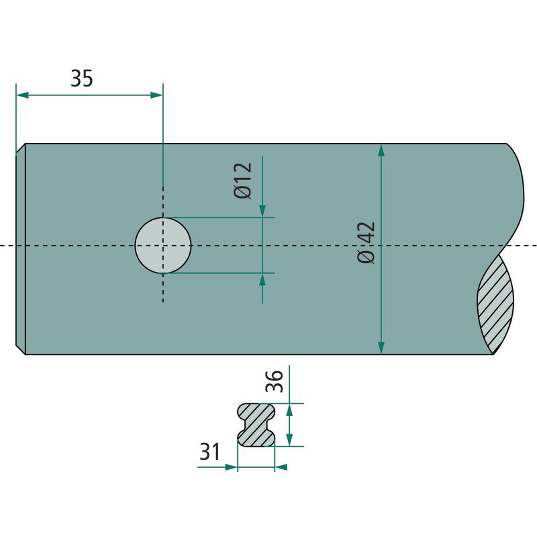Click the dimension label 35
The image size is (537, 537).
[x=81, y=78]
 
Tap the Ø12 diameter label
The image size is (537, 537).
[x=243, y=180]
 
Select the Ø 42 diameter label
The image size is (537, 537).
[x=366, y=242]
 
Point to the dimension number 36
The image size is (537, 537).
[x=275, y=381]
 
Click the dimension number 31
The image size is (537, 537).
[x=209, y=451]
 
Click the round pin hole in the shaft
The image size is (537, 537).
[x=163, y=245]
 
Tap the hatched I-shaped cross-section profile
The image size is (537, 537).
[x=256, y=425]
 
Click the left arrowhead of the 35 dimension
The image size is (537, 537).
[x=22, y=95]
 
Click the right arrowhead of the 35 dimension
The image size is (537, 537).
[x=156, y=95]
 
